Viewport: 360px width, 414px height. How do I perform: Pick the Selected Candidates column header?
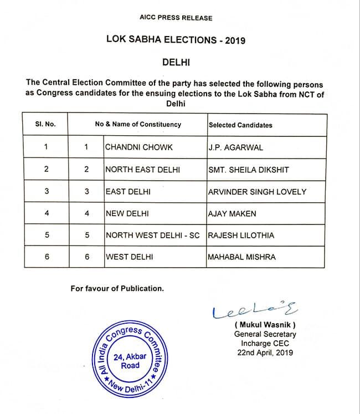click(240, 125)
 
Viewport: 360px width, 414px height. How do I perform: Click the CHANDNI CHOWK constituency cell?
click(138, 147)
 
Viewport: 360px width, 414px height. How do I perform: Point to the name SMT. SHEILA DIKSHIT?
click(248, 170)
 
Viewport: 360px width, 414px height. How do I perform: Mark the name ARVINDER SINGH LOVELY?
click(257, 192)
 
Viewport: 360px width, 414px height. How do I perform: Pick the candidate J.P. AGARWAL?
click(236, 147)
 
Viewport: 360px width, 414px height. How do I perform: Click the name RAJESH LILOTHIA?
click(241, 236)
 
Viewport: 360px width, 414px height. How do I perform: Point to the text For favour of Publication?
click(117, 288)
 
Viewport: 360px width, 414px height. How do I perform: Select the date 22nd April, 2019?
click(264, 352)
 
